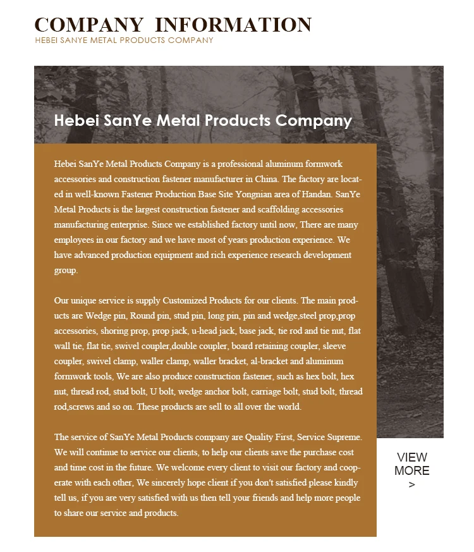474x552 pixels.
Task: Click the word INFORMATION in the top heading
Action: [x=233, y=25]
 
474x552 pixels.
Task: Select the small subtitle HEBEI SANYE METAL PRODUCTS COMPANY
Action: [x=124, y=40]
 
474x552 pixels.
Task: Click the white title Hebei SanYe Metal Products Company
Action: [x=203, y=120]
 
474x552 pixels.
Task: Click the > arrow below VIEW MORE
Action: [x=412, y=485]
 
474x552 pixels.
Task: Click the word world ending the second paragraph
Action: [x=289, y=407]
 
